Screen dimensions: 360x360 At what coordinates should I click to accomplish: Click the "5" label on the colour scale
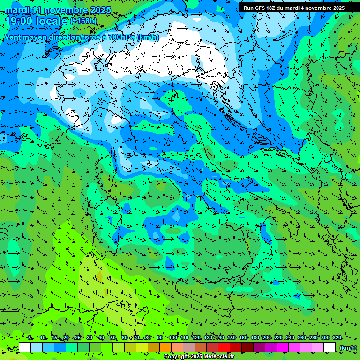[30, 338]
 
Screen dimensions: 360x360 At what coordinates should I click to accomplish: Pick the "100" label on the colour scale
[172, 338]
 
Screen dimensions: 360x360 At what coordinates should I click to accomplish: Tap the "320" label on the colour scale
[337, 338]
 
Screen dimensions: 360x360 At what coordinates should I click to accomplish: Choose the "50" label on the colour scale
[113, 338]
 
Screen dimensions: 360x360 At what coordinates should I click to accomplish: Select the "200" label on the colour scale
[267, 338]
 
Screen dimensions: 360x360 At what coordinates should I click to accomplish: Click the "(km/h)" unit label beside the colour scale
[347, 348]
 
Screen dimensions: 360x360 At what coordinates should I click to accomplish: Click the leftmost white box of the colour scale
[25, 347]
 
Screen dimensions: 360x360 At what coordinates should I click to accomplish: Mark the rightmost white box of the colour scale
[330, 347]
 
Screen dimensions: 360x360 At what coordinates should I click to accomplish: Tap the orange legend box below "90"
[165, 347]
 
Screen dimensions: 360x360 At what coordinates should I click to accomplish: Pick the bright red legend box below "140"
[224, 347]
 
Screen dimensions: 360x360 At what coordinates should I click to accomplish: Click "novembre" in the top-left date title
[61, 10]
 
